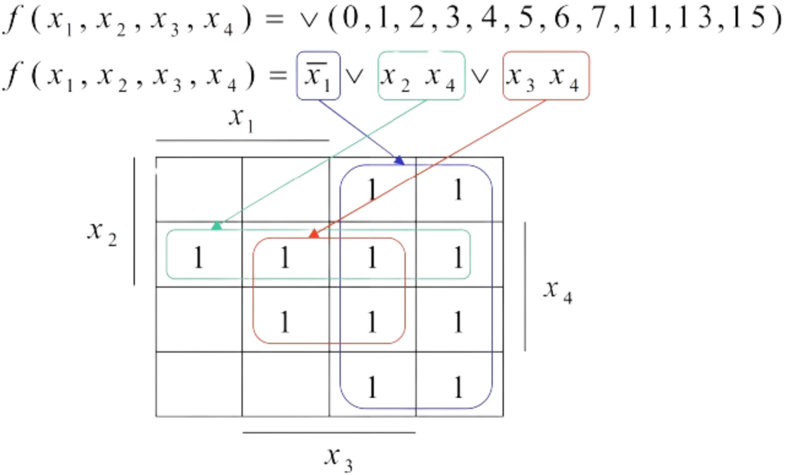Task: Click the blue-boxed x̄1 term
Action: [x=317, y=77]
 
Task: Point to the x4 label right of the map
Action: [x=558, y=293]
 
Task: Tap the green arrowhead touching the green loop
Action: [x=216, y=226]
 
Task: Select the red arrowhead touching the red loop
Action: [x=313, y=234]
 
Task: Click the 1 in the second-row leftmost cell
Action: [x=197, y=258]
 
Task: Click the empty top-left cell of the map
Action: [x=199, y=189]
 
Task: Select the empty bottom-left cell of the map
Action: [x=199, y=384]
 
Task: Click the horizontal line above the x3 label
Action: [x=329, y=432]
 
